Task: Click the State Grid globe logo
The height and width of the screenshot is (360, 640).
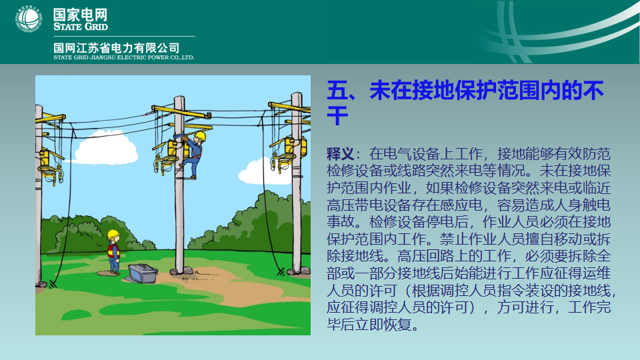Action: [29, 19]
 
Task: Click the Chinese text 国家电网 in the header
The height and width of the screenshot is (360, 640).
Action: [81, 15]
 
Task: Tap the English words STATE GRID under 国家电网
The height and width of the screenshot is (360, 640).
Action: [81, 27]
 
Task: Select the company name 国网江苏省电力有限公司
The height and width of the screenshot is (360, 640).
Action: [116, 48]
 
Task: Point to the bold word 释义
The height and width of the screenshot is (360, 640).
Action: [340, 154]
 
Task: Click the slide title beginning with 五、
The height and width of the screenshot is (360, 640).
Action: [465, 103]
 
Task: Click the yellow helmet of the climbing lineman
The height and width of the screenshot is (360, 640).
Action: [201, 135]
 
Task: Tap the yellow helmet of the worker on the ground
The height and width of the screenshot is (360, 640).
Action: [113, 234]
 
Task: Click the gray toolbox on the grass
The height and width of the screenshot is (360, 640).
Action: [143, 273]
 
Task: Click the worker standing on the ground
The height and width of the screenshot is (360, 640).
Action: [113, 251]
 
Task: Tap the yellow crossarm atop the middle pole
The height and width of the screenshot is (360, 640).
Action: [181, 111]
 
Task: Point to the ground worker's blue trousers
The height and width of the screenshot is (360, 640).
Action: [114, 265]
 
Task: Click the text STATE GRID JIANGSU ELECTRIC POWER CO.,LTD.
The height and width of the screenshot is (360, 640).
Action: [124, 57]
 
